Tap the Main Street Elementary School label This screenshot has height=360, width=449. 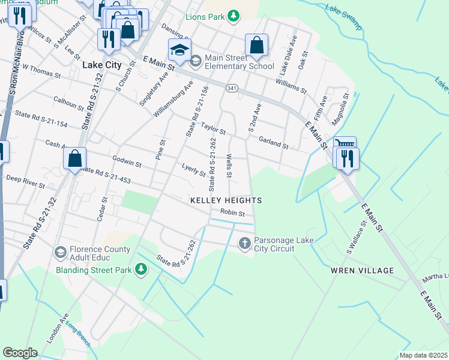tap(240, 62)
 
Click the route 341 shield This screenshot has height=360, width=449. tap(232, 88)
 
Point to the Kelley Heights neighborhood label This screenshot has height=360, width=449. tap(226, 200)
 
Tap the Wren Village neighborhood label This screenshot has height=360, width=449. tap(362, 271)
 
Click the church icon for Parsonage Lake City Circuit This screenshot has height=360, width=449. tap(244, 244)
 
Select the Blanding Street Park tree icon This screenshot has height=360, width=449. tap(142, 270)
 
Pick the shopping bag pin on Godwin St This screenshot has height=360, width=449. tap(75, 159)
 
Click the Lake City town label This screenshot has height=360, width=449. tap(98, 65)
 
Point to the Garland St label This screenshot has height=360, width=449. tap(274, 143)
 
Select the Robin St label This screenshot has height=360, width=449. tap(232, 213)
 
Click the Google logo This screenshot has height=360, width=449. tap(20, 352)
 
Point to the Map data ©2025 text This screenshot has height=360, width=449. tap(423, 355)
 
